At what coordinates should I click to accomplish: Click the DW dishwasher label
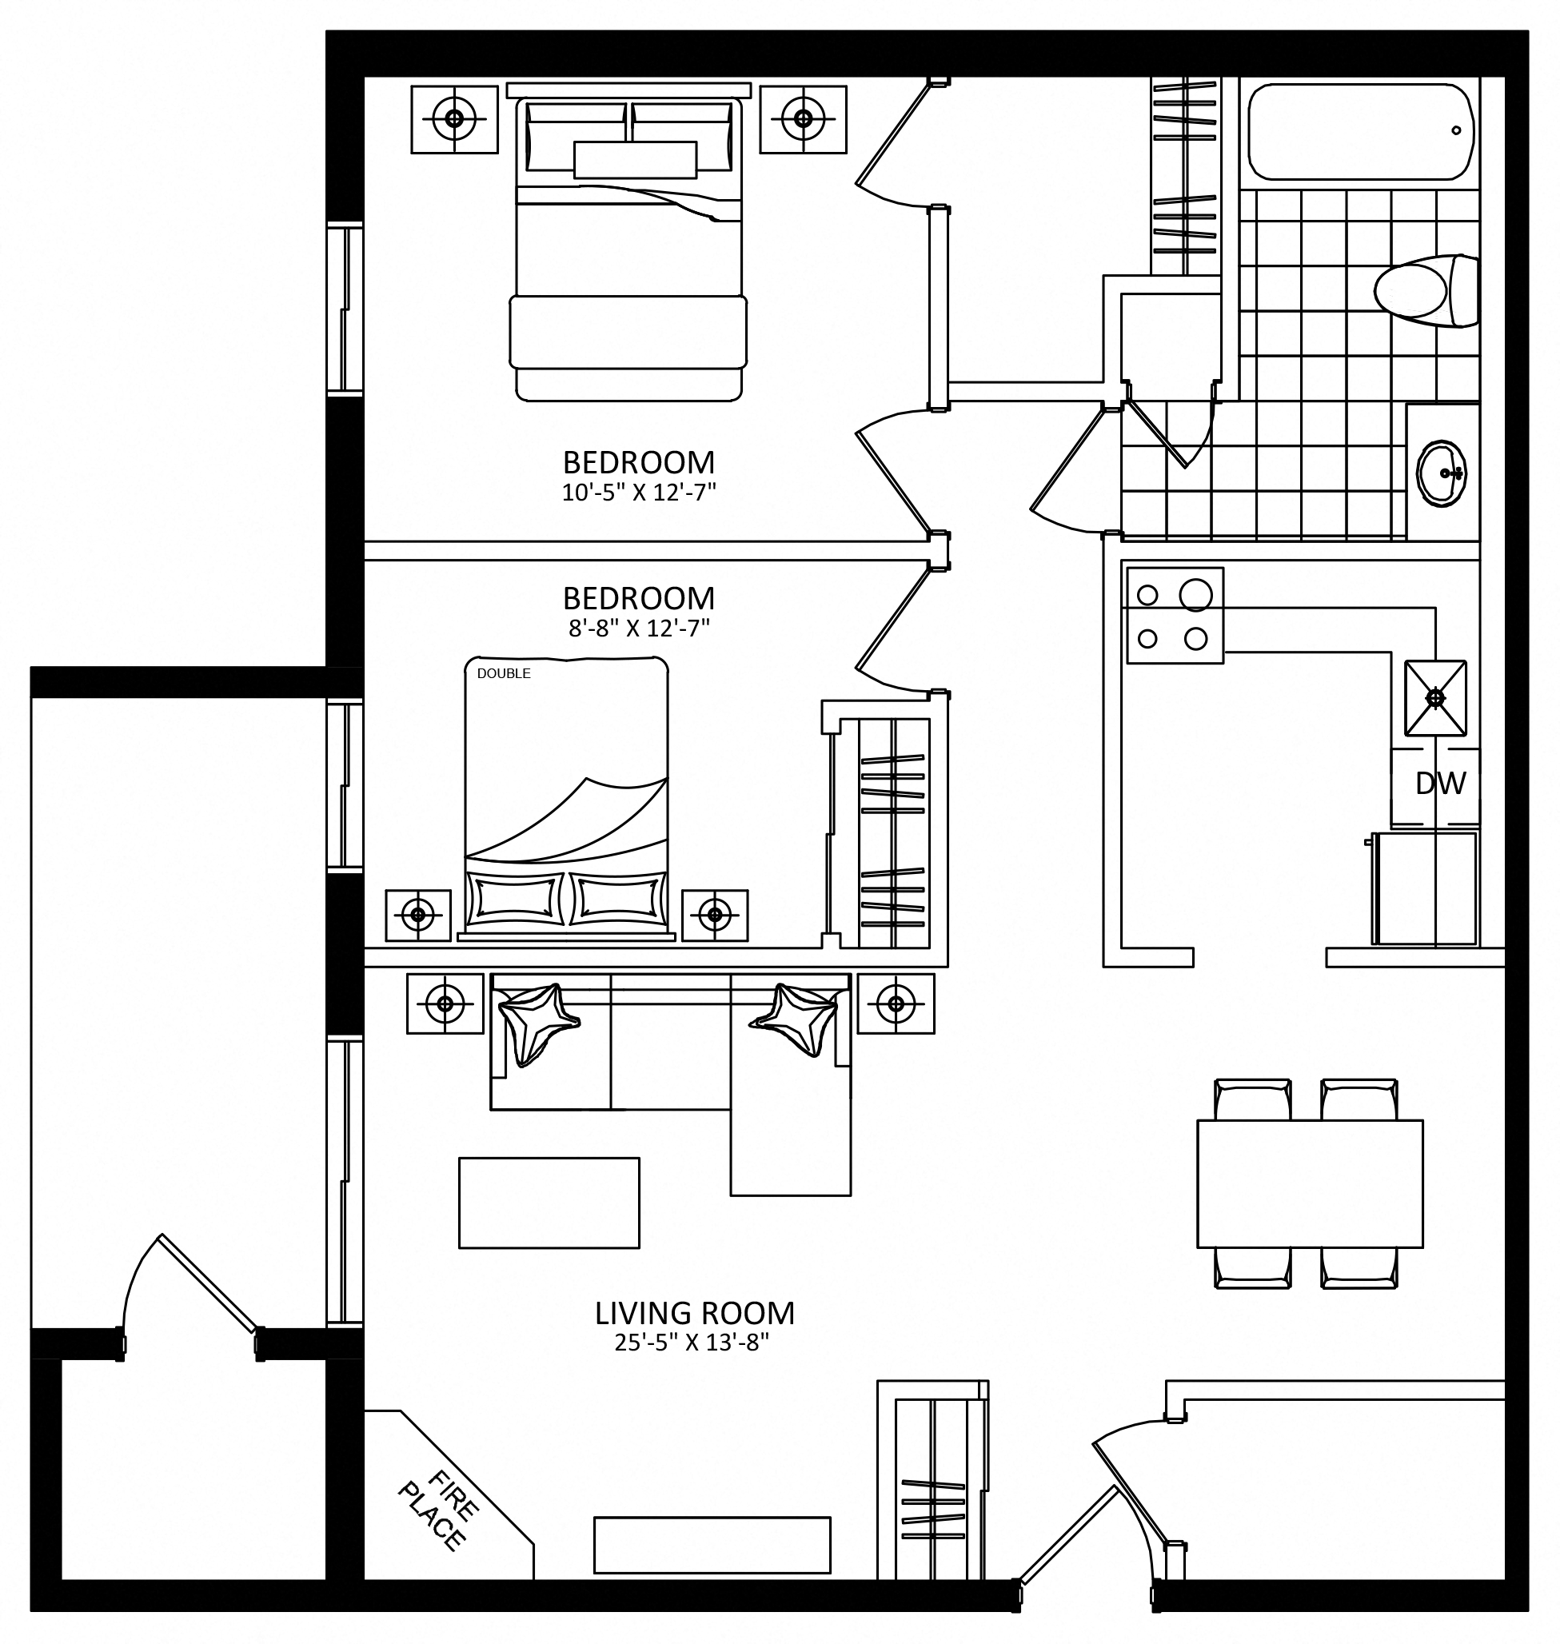(x=1440, y=784)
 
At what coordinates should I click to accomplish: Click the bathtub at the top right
(x=1361, y=131)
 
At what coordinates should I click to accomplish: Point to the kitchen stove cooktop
(x=1175, y=616)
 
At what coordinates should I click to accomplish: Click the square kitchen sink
(x=1435, y=698)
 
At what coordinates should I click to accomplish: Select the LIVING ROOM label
(x=694, y=1314)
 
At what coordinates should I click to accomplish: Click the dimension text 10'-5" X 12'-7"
(x=639, y=493)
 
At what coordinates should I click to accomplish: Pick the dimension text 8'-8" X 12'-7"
(x=639, y=628)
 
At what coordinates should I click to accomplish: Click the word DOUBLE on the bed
(x=504, y=673)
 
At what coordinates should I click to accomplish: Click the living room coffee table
(x=549, y=1203)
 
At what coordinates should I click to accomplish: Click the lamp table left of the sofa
(x=445, y=1004)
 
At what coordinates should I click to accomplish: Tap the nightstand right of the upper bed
(x=803, y=118)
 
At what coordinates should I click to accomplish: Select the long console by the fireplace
(x=712, y=1545)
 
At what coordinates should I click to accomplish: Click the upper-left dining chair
(x=1252, y=1099)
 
